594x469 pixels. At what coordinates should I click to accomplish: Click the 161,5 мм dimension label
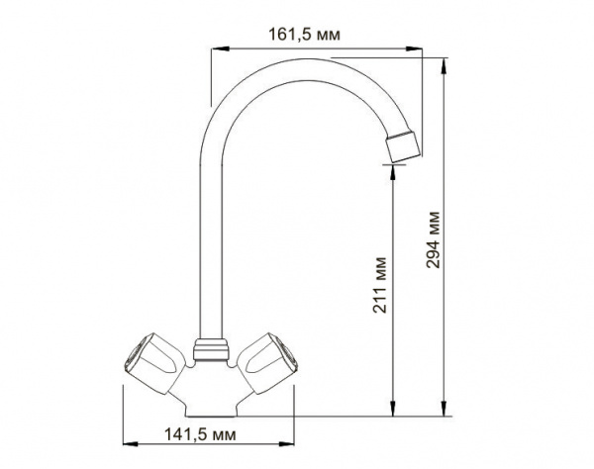(x=304, y=35)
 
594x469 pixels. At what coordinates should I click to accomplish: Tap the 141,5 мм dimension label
(x=200, y=434)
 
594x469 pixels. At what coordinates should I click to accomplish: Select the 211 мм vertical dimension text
(x=380, y=285)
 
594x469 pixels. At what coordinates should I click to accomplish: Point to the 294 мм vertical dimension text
(x=433, y=240)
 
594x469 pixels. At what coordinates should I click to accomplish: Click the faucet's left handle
(x=152, y=362)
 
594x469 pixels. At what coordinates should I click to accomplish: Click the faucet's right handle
(x=267, y=362)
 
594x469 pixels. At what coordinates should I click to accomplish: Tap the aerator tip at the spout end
(x=404, y=146)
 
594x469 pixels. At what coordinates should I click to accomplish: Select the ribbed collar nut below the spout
(x=211, y=349)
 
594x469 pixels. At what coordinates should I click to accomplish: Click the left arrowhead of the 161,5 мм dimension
(x=221, y=48)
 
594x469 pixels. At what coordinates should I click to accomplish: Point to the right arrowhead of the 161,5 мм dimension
(x=414, y=48)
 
